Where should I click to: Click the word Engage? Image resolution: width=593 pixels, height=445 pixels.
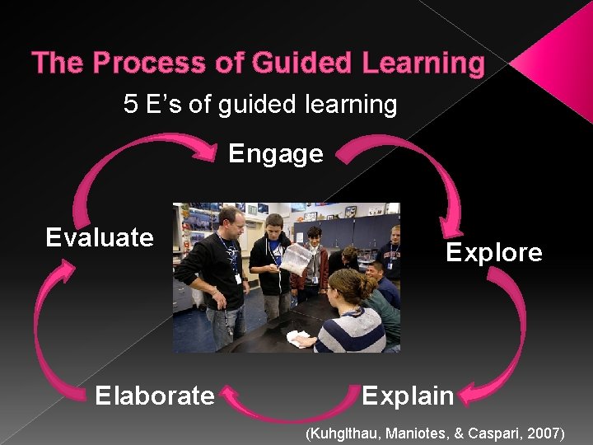pyautogui.click(x=275, y=154)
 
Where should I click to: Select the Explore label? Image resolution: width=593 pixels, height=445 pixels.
pyautogui.click(x=493, y=252)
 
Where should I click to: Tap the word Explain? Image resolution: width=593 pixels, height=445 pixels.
pyautogui.click(x=408, y=396)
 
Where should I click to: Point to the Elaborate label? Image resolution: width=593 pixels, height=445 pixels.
pyautogui.click(x=154, y=396)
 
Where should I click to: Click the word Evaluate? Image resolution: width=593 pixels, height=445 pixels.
pyautogui.click(x=99, y=238)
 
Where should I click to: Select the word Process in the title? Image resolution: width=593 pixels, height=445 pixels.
pyautogui.click(x=156, y=63)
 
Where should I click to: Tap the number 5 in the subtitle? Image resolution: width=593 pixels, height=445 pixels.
pyautogui.click(x=130, y=105)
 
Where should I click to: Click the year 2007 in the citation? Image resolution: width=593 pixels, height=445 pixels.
pyautogui.click(x=544, y=433)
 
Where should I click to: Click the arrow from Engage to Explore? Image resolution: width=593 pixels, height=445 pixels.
pyautogui.click(x=412, y=161)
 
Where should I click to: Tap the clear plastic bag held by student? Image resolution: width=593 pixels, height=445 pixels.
pyautogui.click(x=296, y=260)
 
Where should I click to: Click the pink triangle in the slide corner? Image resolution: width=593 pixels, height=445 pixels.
pyautogui.click(x=560, y=62)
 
